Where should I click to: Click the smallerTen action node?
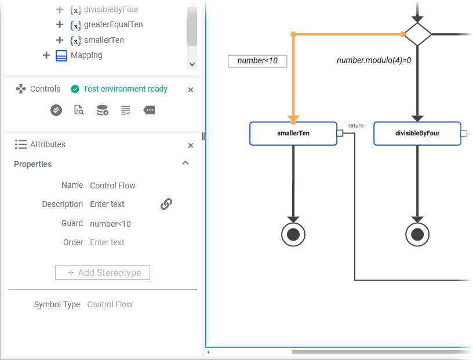point(293,133)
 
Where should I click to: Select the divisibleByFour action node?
point(417,133)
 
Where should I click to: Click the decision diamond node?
point(417,34)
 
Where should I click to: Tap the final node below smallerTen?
point(293,234)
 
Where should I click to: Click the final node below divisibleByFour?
point(417,234)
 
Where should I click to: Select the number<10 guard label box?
point(257,61)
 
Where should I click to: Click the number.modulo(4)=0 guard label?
point(374,60)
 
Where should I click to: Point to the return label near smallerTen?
point(356,126)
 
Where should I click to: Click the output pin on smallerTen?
point(340,133)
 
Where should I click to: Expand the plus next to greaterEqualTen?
point(59,25)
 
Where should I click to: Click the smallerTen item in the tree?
point(104,40)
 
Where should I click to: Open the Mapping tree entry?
point(86,55)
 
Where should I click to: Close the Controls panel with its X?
point(191,90)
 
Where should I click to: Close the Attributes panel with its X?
point(191,146)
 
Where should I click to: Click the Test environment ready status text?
point(125,89)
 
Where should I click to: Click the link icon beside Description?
point(166,204)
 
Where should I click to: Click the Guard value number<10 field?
point(111,224)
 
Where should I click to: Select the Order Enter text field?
point(107,242)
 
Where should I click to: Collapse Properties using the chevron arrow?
point(185,163)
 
